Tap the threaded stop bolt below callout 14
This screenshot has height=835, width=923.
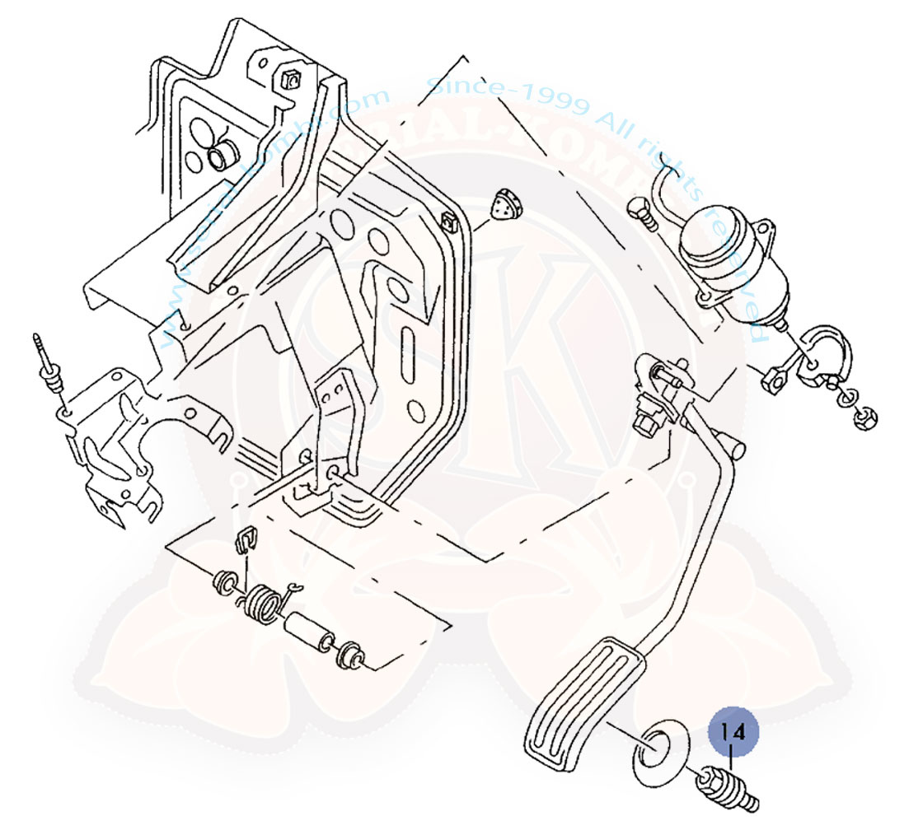pos(728,790)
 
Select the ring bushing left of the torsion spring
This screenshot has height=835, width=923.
pos(225,584)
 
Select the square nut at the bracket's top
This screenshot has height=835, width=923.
pos(289,79)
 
